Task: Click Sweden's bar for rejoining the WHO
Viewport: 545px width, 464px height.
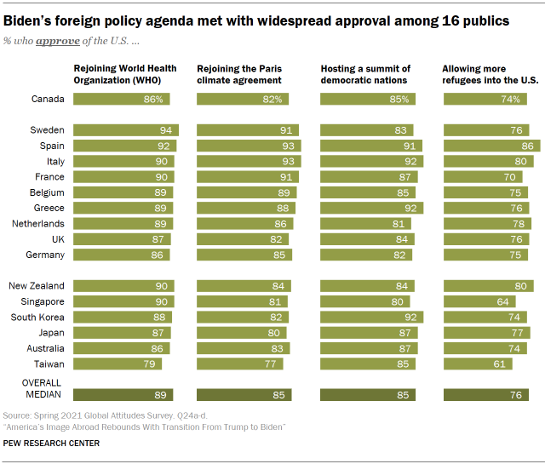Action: pyautogui.click(x=126, y=130)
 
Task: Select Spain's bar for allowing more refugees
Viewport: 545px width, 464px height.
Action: pyautogui.click(x=491, y=146)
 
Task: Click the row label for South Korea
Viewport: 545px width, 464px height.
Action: pyautogui.click(x=38, y=317)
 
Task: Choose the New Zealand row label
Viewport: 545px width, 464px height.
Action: pyautogui.click(x=36, y=285)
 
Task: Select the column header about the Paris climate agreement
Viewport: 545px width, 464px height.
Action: pyautogui.click(x=240, y=73)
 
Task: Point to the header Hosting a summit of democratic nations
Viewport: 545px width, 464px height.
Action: pyautogui.click(x=365, y=73)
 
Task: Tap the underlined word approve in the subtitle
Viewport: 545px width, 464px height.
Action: pyautogui.click(x=53, y=40)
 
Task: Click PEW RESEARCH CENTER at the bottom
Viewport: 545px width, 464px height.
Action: pyautogui.click(x=51, y=443)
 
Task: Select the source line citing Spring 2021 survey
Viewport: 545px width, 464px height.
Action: pyautogui.click(x=115, y=415)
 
